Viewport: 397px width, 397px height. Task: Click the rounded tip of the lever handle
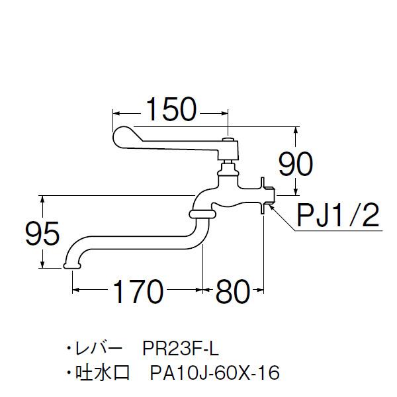(x=122, y=137)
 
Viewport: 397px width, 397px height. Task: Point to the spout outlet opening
(x=71, y=266)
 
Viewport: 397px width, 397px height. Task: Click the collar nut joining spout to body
(x=201, y=214)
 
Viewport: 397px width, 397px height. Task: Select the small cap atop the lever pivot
(x=228, y=140)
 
